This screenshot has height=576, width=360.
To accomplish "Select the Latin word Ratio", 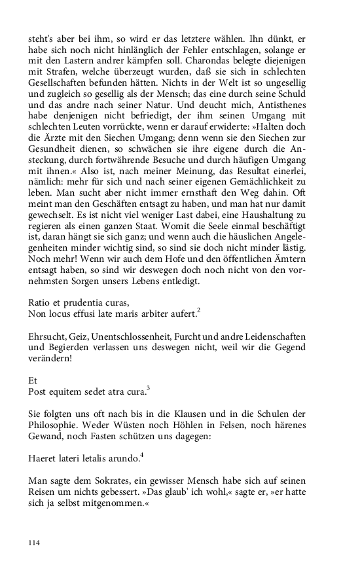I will [x=39, y=302].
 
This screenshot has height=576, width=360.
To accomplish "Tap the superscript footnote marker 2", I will [x=198, y=310].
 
